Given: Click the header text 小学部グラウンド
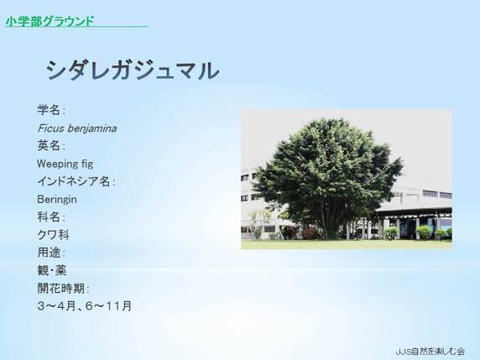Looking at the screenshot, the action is (x=50, y=21).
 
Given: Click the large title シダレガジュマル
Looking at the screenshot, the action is (x=133, y=70).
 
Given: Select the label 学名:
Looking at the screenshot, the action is (x=51, y=110).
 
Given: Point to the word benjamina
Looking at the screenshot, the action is (x=91, y=128).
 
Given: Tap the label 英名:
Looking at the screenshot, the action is (x=51, y=146).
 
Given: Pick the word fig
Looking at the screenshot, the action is (x=87, y=164).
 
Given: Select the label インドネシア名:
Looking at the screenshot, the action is (x=76, y=181).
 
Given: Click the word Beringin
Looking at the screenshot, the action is (x=57, y=200).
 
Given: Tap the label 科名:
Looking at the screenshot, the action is (x=51, y=217).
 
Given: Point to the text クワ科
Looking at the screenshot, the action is (x=53, y=235).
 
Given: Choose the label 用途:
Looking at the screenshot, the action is (x=51, y=253).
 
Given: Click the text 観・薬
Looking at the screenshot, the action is (x=52, y=270).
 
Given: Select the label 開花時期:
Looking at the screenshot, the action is (x=63, y=289).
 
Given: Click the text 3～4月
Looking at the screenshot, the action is (x=56, y=306).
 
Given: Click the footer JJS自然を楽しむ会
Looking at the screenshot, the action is (x=430, y=351).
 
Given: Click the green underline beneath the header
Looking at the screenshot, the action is (x=77, y=26).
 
